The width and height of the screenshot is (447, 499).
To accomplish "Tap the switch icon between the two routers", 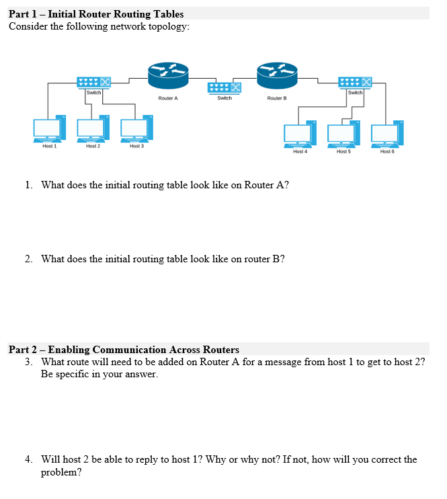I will pos(224,87).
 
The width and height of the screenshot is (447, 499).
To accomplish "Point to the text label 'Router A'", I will pos(168,98).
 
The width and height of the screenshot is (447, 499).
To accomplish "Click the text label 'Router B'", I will pos(276,98).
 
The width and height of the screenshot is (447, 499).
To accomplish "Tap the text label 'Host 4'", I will pos(300,152).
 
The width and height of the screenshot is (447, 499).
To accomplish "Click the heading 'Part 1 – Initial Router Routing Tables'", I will pos(96,13).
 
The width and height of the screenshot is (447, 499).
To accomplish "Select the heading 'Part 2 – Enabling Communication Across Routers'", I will pos(124,349).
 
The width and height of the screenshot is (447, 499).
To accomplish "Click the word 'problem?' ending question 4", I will pos(62,472).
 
